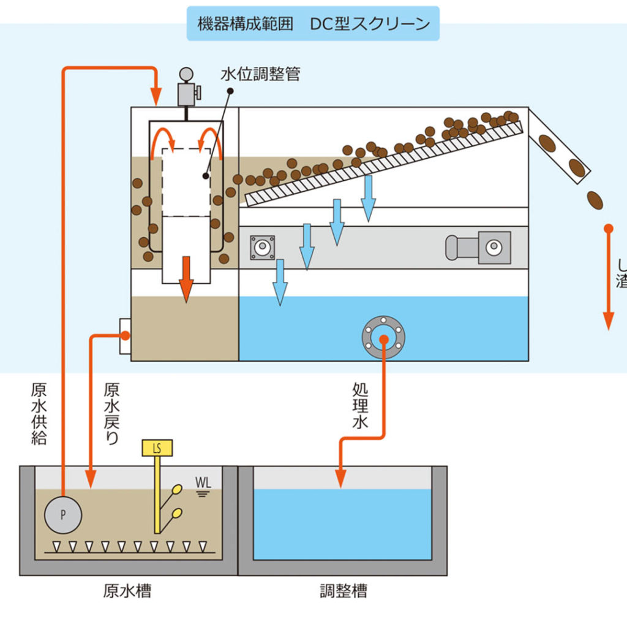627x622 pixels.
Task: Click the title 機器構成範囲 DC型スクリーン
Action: (x=313, y=25)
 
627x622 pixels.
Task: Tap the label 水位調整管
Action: (x=260, y=75)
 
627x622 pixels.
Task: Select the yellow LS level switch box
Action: (x=157, y=448)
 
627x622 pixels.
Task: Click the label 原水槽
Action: (x=127, y=591)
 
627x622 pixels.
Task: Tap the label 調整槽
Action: (x=344, y=591)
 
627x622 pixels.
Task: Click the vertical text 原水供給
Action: (x=39, y=414)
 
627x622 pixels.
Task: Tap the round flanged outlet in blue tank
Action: (x=383, y=336)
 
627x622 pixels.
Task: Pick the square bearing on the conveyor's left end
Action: (x=262, y=247)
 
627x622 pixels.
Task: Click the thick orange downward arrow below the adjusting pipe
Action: (x=186, y=279)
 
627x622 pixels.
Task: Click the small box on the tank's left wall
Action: (x=124, y=336)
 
